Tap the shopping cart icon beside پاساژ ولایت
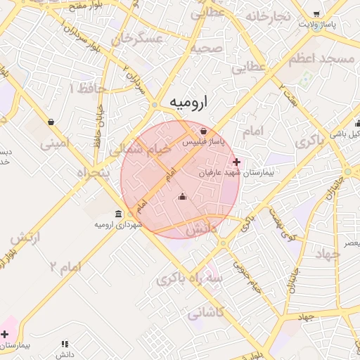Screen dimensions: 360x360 [x=316, y=13]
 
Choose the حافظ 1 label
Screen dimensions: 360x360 [x=87, y=89]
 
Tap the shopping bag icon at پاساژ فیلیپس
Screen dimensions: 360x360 [x=203, y=131]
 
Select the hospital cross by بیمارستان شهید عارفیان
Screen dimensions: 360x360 [x=236, y=162]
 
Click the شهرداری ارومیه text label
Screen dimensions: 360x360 [x=119, y=224]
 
